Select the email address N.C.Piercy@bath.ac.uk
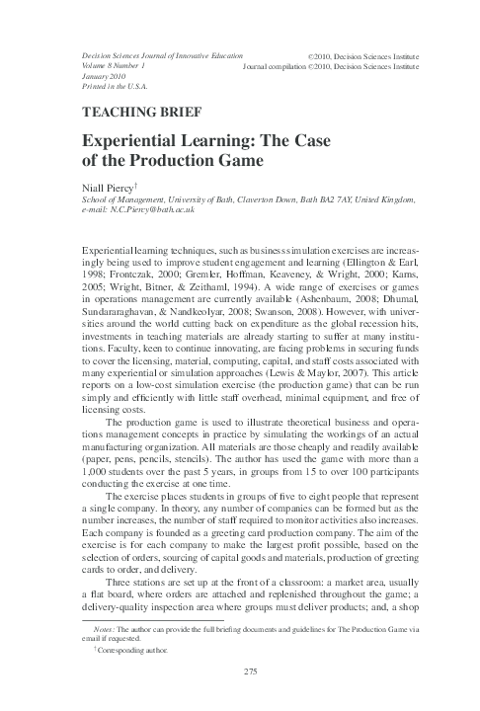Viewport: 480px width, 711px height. [x=135, y=210]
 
